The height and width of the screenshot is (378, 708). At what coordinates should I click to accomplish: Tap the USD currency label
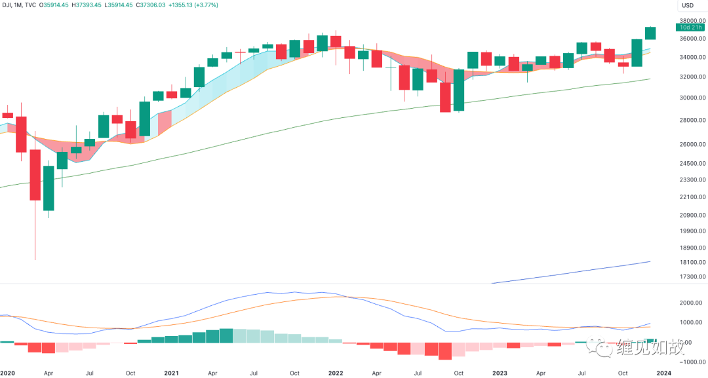tap(688, 5)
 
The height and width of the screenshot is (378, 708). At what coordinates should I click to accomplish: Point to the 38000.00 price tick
tap(691, 20)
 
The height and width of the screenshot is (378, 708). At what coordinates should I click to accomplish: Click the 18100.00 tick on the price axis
tap(691, 262)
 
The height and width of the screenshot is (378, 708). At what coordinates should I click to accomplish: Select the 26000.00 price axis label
tap(691, 144)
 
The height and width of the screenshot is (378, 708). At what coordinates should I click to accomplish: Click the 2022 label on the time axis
tap(336, 373)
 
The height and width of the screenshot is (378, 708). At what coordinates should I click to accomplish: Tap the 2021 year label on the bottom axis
tap(171, 373)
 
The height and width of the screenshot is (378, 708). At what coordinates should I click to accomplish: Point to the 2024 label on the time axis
tap(663, 373)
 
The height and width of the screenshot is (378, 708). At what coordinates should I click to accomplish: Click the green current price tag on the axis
tap(691, 28)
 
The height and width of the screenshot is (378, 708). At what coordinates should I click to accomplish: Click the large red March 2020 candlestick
tap(35, 175)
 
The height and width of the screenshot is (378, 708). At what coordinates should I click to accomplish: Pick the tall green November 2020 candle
tap(144, 119)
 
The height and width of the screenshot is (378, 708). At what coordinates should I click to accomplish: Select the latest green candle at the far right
tap(650, 33)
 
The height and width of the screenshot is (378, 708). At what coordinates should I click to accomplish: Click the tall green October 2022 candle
tap(458, 90)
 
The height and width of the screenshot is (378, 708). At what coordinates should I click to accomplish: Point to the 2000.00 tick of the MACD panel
tap(691, 303)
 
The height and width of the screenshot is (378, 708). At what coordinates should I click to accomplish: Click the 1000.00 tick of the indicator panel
tap(691, 322)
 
